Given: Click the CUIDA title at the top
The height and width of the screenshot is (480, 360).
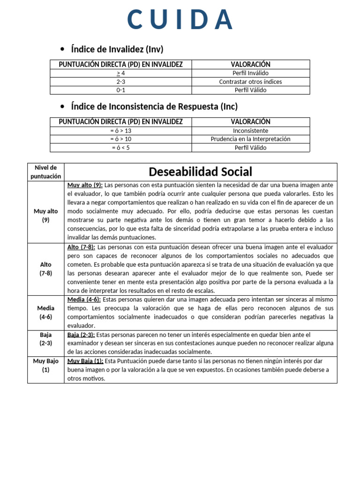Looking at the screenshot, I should click(x=180, y=20).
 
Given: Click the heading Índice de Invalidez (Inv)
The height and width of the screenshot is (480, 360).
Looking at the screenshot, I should click(x=117, y=49).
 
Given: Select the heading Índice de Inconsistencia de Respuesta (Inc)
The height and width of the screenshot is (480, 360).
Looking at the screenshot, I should click(x=154, y=106).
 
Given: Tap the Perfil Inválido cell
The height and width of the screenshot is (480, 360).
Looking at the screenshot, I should click(x=250, y=73).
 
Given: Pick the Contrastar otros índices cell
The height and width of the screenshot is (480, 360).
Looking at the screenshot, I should click(x=250, y=82).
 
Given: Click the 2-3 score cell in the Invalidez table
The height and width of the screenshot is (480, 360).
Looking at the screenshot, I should click(x=120, y=82).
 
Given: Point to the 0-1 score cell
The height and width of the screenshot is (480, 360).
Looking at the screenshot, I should click(x=120, y=90).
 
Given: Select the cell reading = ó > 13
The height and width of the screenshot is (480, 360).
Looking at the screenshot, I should click(x=120, y=131).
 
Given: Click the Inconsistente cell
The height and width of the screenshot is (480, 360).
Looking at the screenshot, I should click(x=250, y=131).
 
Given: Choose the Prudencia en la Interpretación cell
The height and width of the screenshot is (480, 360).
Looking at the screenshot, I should click(x=250, y=139).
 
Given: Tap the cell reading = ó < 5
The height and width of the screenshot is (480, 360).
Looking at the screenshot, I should click(x=120, y=148).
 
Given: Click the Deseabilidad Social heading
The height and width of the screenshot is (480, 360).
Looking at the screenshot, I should click(x=200, y=172).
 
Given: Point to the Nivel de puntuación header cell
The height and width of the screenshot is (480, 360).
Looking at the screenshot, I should click(x=45, y=172).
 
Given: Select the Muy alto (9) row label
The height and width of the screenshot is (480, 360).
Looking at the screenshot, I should click(x=45, y=216).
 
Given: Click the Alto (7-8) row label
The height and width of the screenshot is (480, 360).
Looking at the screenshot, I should click(x=45, y=269).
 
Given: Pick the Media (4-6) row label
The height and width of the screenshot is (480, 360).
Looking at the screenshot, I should click(x=45, y=312).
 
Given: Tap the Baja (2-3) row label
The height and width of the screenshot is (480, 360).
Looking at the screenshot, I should click(x=45, y=339).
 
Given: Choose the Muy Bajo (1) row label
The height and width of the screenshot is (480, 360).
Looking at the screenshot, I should click(x=45, y=365).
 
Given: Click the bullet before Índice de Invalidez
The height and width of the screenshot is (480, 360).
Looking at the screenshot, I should click(x=62, y=49).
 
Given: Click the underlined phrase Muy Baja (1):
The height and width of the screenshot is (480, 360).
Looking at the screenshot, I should click(x=86, y=361).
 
